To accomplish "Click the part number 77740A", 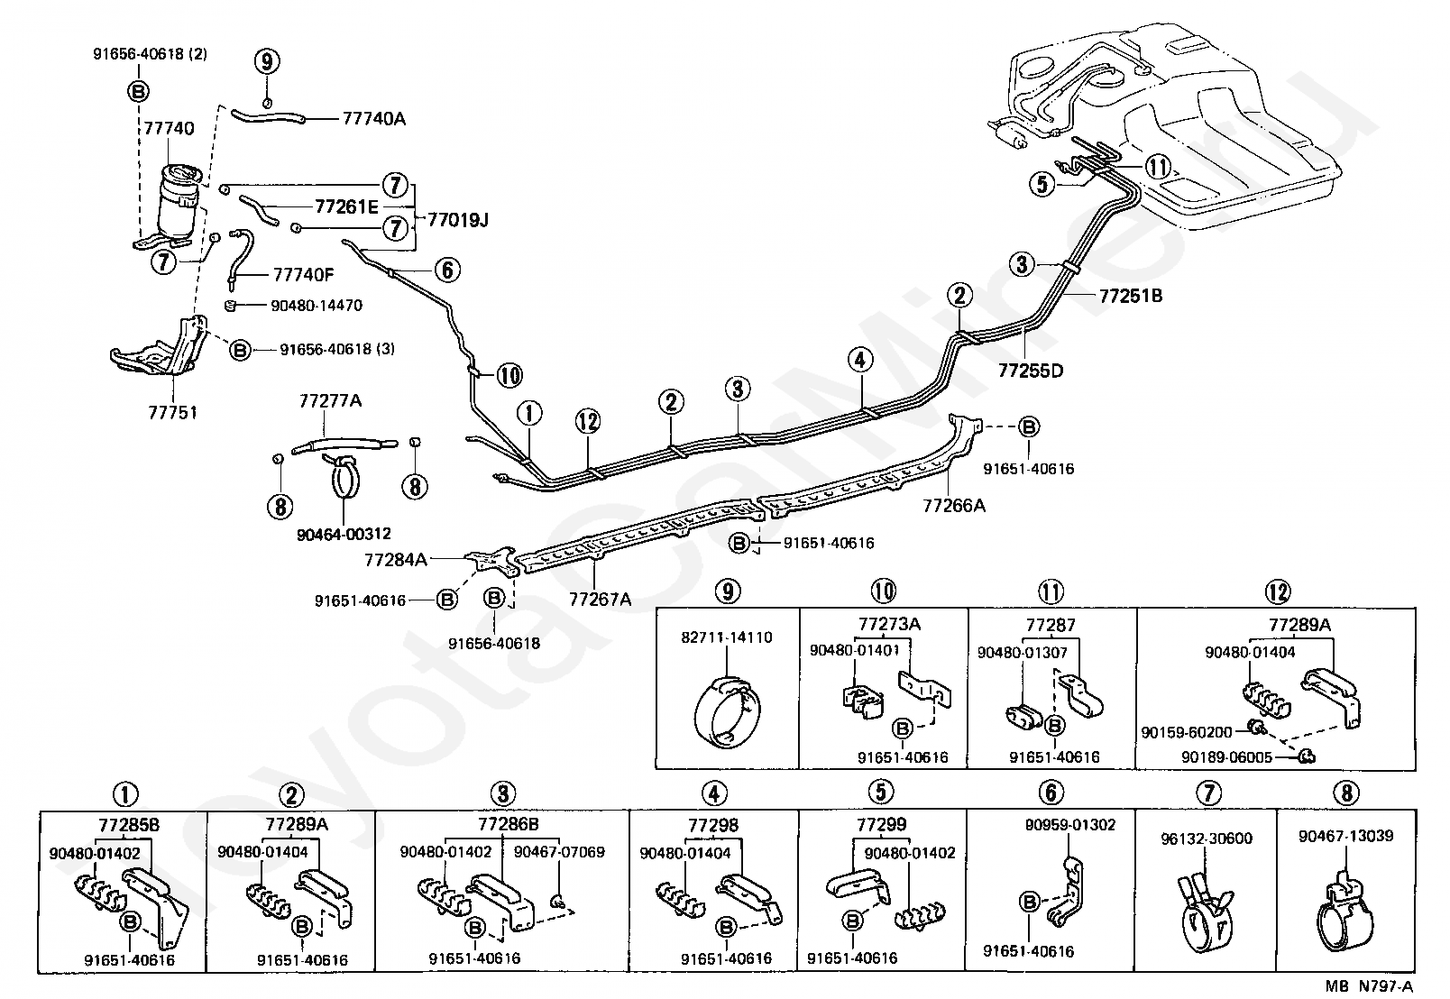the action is click(373, 118).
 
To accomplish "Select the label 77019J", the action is click(458, 220).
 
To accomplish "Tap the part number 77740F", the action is click(303, 275).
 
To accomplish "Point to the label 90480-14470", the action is click(317, 306).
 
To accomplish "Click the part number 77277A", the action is click(330, 400).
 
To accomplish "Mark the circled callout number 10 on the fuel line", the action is click(510, 375).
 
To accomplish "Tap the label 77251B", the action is click(1130, 296).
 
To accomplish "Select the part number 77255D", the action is click(1031, 371).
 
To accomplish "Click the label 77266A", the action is click(954, 505).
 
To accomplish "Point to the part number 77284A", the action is click(396, 559).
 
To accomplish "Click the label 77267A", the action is click(600, 599).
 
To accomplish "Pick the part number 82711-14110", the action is click(726, 637).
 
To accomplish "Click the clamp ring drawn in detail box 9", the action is click(726, 712).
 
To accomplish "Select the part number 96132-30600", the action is click(1206, 839).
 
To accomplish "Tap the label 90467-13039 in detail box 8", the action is click(1345, 836).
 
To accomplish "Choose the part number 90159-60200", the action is click(1186, 732).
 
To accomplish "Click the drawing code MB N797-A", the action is click(1369, 986).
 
